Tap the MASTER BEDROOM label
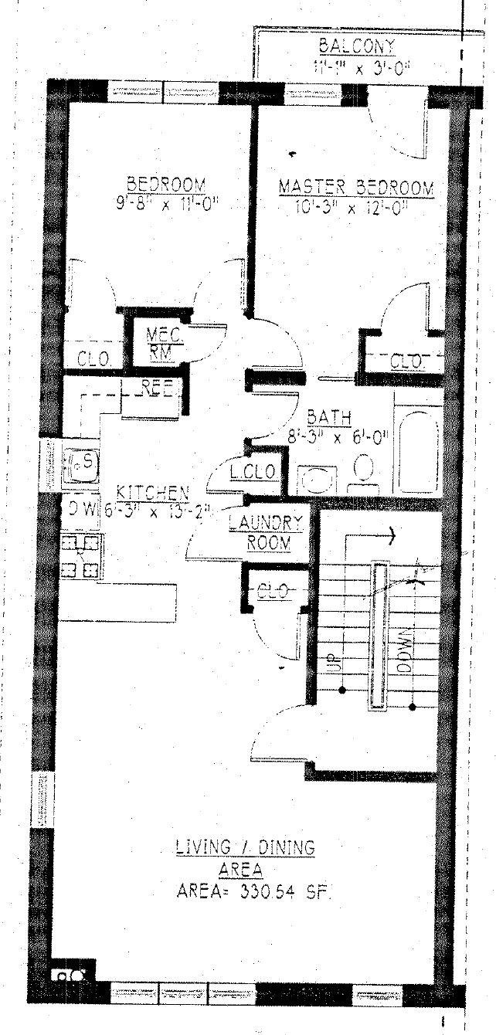tap(356, 188)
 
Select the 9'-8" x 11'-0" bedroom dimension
tap(166, 205)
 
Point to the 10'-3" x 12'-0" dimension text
tap(352, 208)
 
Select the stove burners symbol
tap(81, 556)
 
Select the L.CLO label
tap(252, 471)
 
